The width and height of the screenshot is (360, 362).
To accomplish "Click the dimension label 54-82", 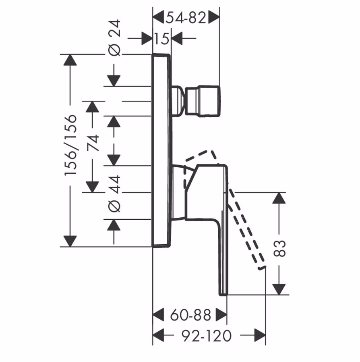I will pyautogui.click(x=186, y=17).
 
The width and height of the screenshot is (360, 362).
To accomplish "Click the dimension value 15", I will pyautogui.click(x=161, y=39).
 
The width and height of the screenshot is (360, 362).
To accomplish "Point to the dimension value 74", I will pyautogui.click(x=93, y=143).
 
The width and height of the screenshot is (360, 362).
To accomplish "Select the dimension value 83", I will pyautogui.click(x=279, y=248).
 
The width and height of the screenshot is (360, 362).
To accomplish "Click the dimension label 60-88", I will pyautogui.click(x=190, y=315).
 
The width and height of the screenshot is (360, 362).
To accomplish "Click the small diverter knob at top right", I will pyautogui.click(x=203, y=101).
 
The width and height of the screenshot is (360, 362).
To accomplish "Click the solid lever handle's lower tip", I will pyautogui.click(x=223, y=291).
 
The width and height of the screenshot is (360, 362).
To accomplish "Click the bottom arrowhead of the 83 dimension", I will pyautogui.click(x=279, y=289).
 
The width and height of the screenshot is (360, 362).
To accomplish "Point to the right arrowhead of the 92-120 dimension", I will pyautogui.click(x=260, y=335).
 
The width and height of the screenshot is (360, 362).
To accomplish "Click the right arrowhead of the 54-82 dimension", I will pyautogui.click(x=214, y=17).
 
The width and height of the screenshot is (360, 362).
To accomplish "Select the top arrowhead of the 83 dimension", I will pyautogui.click(x=279, y=198).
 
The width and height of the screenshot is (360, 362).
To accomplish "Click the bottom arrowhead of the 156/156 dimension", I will pyautogui.click(x=70, y=241).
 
